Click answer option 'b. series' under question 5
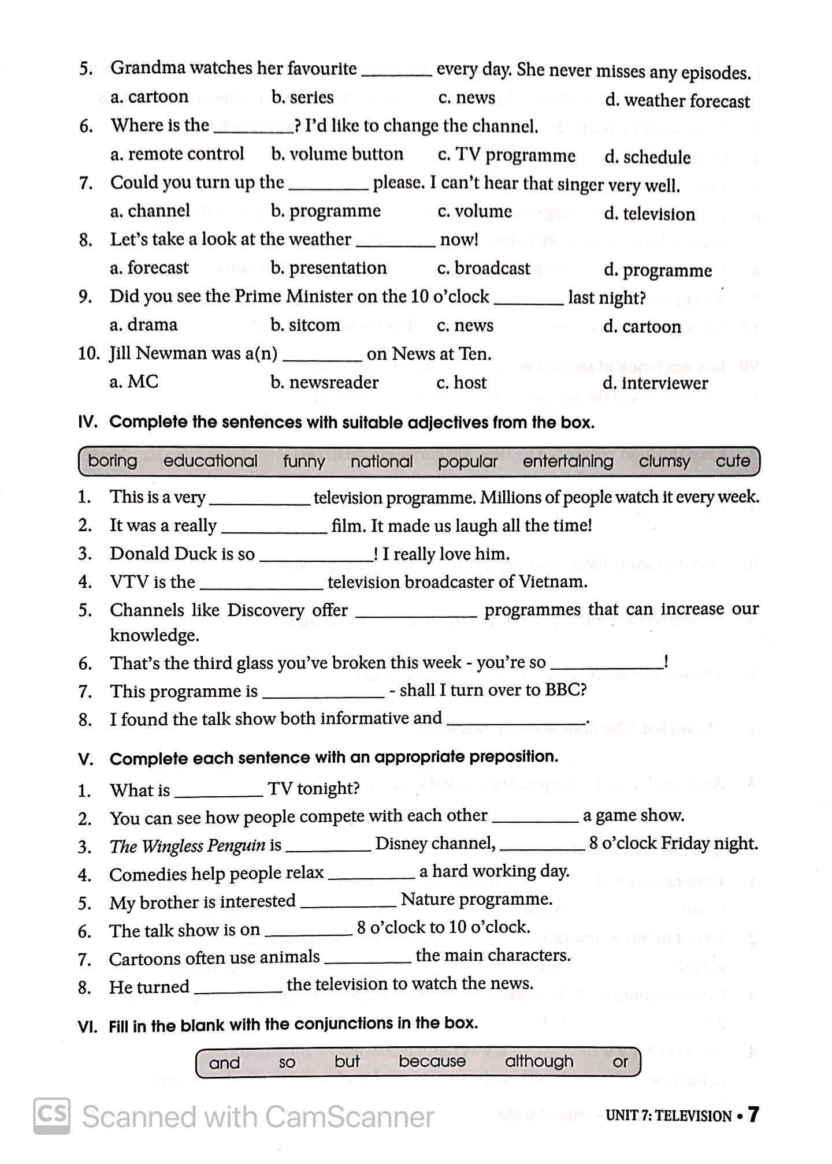[302, 97]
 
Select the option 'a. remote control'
[177, 154]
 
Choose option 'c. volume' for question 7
[474, 211]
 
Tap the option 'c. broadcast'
[483, 268]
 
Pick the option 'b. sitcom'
[305, 325]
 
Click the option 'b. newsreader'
[324, 382]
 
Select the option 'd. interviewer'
[655, 383]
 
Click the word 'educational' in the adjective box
[210, 461]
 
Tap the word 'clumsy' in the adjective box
[664, 461]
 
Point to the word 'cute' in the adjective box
[733, 461]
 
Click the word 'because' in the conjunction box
[432, 1061]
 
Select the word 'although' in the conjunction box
[539, 1061]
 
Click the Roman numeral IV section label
[88, 423]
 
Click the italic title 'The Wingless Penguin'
[187, 846]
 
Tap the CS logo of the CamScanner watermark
[52, 1115]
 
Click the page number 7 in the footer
[753, 1115]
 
